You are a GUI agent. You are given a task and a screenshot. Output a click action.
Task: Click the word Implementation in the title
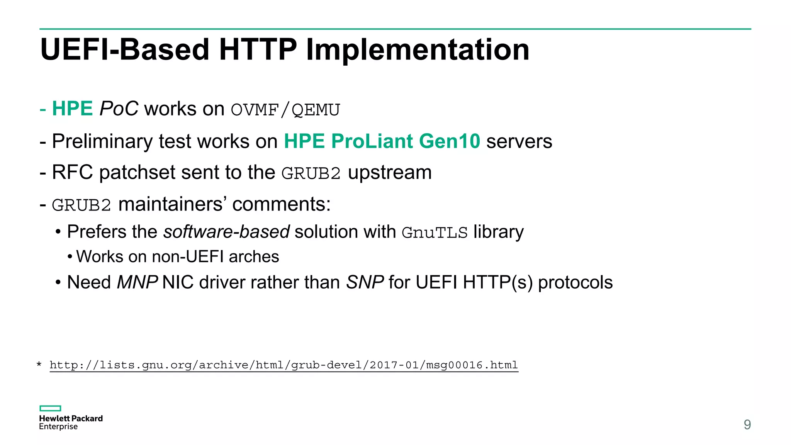pos(417,50)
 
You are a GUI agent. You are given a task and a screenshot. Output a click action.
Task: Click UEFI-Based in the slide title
pos(125,50)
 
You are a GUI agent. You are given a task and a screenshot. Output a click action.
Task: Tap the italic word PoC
pos(119,109)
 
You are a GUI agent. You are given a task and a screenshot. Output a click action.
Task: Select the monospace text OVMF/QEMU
pos(285,110)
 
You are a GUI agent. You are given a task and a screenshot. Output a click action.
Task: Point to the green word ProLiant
pos(372,141)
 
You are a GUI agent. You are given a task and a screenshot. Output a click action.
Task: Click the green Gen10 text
pos(449,141)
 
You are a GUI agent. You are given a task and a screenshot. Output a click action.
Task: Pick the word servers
pos(519,141)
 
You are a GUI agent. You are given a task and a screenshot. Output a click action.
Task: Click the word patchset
pos(137,173)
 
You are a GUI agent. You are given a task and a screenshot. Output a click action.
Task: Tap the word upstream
pos(390,173)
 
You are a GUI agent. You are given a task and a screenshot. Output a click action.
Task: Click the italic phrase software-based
pos(226,232)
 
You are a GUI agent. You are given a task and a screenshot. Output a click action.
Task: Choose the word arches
pos(254,257)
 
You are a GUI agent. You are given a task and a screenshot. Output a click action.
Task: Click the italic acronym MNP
pos(137,282)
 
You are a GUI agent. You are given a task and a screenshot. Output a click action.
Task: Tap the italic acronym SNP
pos(365,282)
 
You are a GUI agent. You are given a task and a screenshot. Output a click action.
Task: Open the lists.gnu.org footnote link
pos(284,365)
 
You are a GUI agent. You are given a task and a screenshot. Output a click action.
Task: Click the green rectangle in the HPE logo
pos(50,408)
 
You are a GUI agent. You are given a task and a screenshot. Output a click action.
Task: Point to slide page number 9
pos(747,425)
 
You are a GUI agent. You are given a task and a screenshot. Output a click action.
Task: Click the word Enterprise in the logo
pos(58,427)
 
